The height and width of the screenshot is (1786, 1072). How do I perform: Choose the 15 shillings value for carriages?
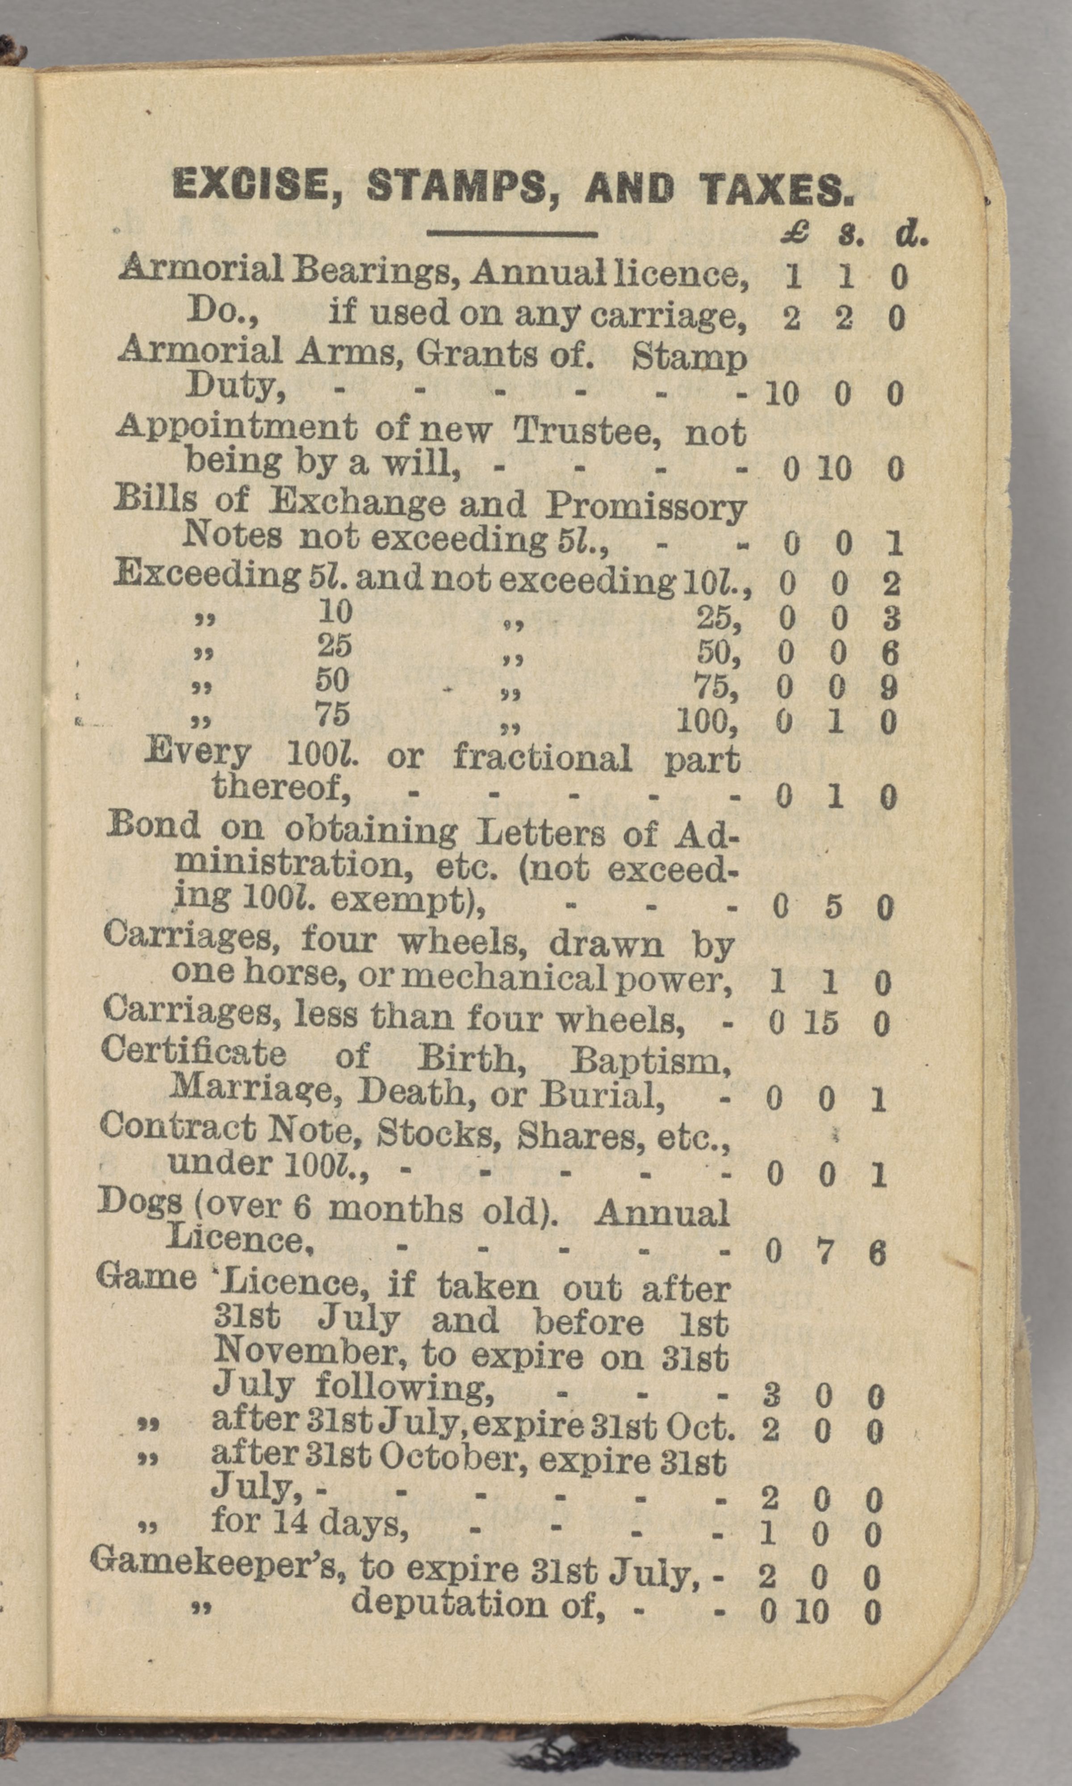click(x=822, y=1023)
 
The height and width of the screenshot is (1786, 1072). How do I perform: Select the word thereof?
click(x=282, y=787)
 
